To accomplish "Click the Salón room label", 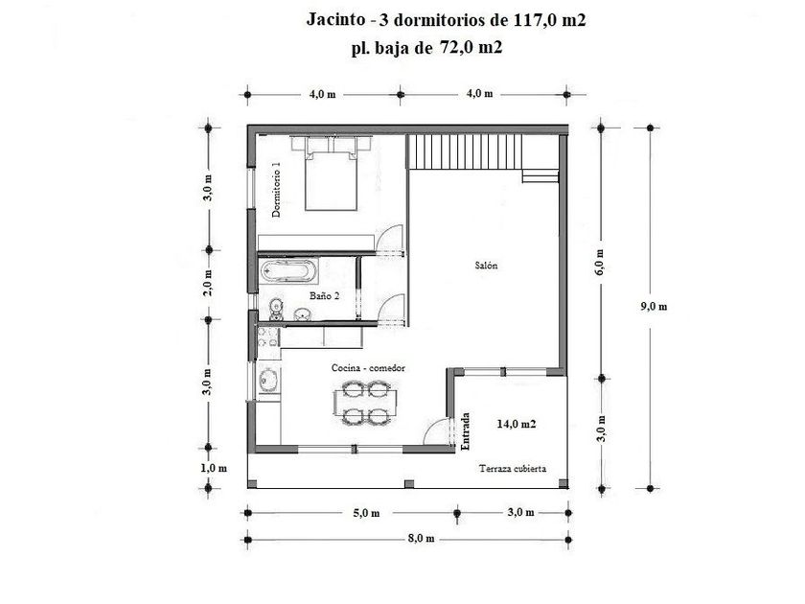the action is coord(486,266).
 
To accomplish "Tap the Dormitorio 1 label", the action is coord(276,190).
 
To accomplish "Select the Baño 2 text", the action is coord(325,296).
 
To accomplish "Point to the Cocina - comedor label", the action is coord(368,368).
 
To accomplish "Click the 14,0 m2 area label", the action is coord(517,424).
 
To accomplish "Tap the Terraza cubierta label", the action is coord(513,469).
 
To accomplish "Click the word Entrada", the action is coord(466,431).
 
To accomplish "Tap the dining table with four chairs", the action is coord(365,403).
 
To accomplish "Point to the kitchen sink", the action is coord(268,381).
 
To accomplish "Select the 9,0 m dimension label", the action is coord(654,307).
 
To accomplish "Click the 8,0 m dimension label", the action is coord(421,538).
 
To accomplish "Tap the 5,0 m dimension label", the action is coord(366,513).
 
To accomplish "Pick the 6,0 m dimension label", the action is coord(601,262).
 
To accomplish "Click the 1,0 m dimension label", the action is coord(214,469).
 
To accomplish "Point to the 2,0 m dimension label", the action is coord(208,283).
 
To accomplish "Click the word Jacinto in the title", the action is coord(335,19).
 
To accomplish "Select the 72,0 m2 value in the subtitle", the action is coord(471,47).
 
